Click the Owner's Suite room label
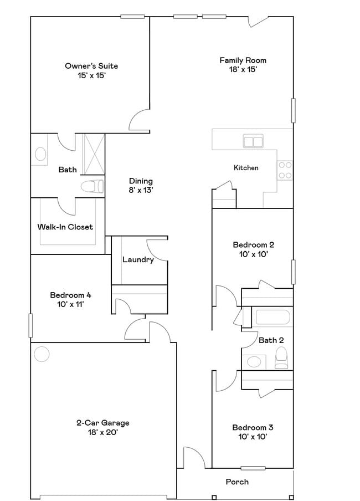tap(91, 66)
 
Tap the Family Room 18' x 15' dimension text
tap(243, 70)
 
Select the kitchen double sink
tap(253, 141)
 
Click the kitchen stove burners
tap(285, 170)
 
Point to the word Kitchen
tap(246, 167)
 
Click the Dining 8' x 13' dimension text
tap(141, 190)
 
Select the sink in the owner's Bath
tap(40, 154)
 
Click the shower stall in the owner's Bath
tap(93, 154)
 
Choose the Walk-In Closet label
tap(65, 227)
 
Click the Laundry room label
tap(138, 259)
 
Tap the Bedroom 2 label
tap(253, 244)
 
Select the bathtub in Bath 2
tap(272, 319)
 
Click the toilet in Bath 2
tap(281, 357)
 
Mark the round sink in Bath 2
tap(254, 362)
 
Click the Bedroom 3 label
tap(253, 427)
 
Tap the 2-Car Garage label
tap(103, 423)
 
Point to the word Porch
tap(237, 482)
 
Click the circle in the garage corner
tap(42, 353)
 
